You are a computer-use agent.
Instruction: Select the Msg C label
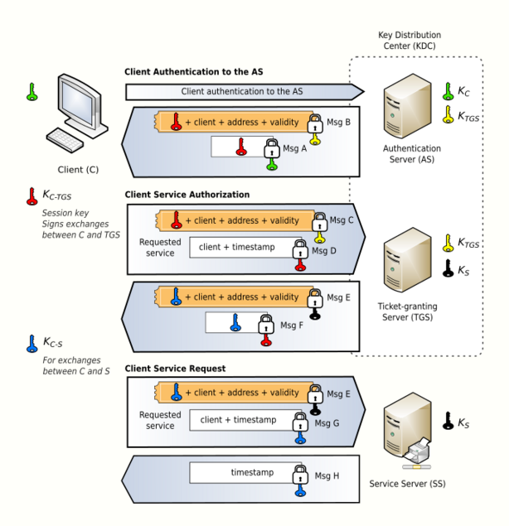341,220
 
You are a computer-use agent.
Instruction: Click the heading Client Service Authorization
187,195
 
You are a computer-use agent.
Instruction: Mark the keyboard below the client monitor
65,138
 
